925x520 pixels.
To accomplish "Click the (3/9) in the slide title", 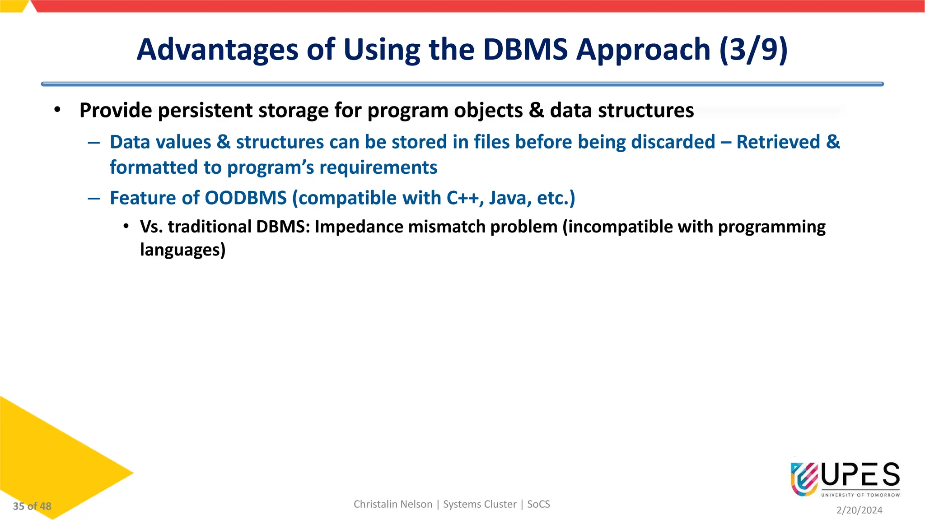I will [x=753, y=49].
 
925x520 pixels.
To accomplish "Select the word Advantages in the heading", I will [x=217, y=49].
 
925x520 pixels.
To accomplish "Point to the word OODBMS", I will [x=246, y=198].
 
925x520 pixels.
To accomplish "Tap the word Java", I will [x=510, y=198].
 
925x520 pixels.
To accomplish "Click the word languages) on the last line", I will [x=182, y=250].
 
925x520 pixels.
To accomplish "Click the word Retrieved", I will [x=778, y=142].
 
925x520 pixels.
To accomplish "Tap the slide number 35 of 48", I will [x=32, y=506].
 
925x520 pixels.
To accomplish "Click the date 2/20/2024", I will [x=859, y=510].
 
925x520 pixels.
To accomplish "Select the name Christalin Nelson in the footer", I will [x=392, y=504].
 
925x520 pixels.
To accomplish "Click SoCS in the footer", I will [x=538, y=504].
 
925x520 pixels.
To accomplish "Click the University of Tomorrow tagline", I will [x=860, y=495].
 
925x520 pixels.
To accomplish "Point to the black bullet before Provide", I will [x=57, y=110].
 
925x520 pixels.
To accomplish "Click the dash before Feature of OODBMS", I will [x=94, y=198].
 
